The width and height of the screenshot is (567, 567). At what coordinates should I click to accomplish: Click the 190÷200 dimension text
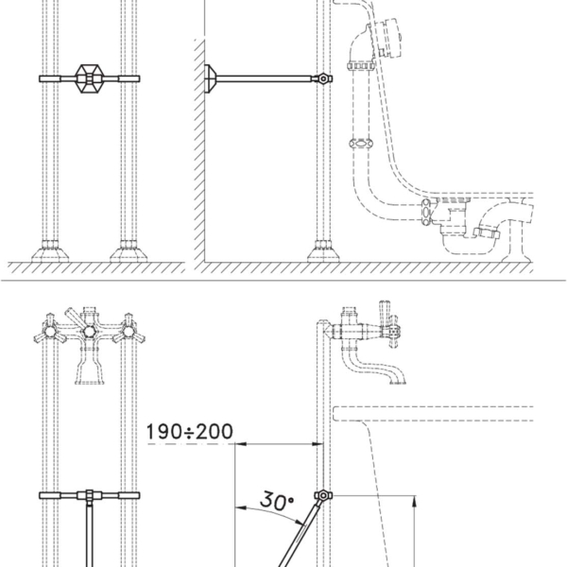[190, 432]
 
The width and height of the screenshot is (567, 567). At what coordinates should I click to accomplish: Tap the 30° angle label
[277, 501]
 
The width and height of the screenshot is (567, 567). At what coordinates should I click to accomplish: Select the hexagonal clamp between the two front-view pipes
[90, 78]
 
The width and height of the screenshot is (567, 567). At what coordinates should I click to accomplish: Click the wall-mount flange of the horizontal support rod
[211, 78]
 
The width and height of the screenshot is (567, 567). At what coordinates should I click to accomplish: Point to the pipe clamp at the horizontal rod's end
[323, 78]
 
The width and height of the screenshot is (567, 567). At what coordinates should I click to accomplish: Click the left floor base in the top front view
[50, 251]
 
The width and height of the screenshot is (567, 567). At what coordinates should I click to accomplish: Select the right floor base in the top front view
[129, 251]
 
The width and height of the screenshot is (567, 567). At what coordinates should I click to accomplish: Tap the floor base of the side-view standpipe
[323, 251]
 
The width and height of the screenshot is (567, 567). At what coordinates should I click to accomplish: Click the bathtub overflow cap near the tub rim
[388, 38]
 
